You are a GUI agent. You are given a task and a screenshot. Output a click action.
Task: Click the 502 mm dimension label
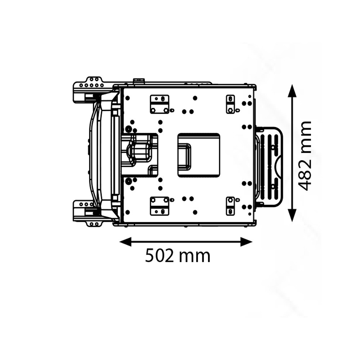178,256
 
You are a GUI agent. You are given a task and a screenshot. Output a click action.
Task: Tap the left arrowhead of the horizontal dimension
125,242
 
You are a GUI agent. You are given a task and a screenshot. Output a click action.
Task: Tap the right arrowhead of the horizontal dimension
246,242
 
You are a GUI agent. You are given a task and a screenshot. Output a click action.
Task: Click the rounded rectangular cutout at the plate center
199,155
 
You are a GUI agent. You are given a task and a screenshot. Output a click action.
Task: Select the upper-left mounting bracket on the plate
159,104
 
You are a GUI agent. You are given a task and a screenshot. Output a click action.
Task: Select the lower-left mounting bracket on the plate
159,206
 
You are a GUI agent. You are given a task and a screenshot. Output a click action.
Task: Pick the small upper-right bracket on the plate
230,104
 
